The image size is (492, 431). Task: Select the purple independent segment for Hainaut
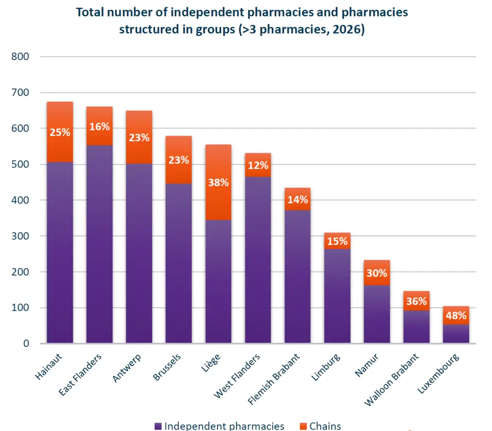coord(60,295)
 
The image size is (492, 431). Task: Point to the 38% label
coord(218,183)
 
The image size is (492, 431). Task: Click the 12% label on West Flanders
coord(258,165)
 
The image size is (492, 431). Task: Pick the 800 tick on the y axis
coord(20,57)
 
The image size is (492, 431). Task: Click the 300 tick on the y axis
coord(20,236)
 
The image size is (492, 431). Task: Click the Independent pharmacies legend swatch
coord(158,426)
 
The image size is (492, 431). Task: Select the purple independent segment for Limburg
coord(337,295)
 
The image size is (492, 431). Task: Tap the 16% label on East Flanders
coord(99,126)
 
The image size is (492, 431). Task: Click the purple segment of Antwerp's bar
coord(139,295)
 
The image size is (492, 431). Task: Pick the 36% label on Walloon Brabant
coord(416,301)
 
